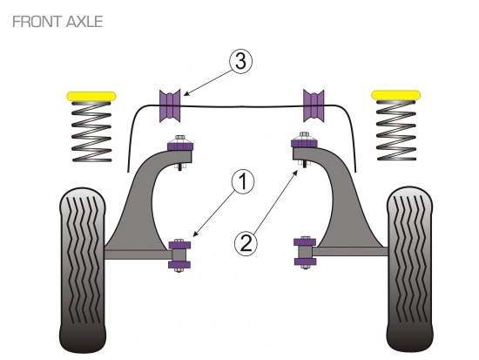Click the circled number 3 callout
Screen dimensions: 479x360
pyautogui.click(x=240, y=62)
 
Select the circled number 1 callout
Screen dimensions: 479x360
pyautogui.click(x=243, y=182)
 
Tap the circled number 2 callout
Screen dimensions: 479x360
pyautogui.click(x=246, y=243)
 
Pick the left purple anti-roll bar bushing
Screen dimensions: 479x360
pyautogui.click(x=170, y=105)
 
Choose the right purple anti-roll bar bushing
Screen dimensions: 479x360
pyautogui.click(x=314, y=105)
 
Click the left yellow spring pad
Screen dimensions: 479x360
pyautogui.click(x=91, y=96)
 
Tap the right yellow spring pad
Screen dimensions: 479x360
pyautogui.click(x=396, y=95)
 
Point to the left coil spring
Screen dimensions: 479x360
pyautogui.click(x=91, y=132)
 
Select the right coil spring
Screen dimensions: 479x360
pyautogui.click(x=396, y=130)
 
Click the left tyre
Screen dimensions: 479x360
pyautogui.click(x=83, y=271)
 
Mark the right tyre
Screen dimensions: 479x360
pyautogui.click(x=409, y=269)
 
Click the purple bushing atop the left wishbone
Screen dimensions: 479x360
pyautogui.click(x=180, y=145)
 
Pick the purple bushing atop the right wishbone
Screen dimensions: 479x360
pyautogui.click(x=304, y=143)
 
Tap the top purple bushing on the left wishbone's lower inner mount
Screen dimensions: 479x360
pyautogui.click(x=179, y=245)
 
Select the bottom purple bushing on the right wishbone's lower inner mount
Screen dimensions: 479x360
pyautogui.click(x=305, y=262)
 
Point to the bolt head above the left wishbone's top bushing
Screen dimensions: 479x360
pyautogui.click(x=179, y=138)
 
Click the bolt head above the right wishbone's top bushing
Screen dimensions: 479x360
pyautogui.click(x=304, y=135)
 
